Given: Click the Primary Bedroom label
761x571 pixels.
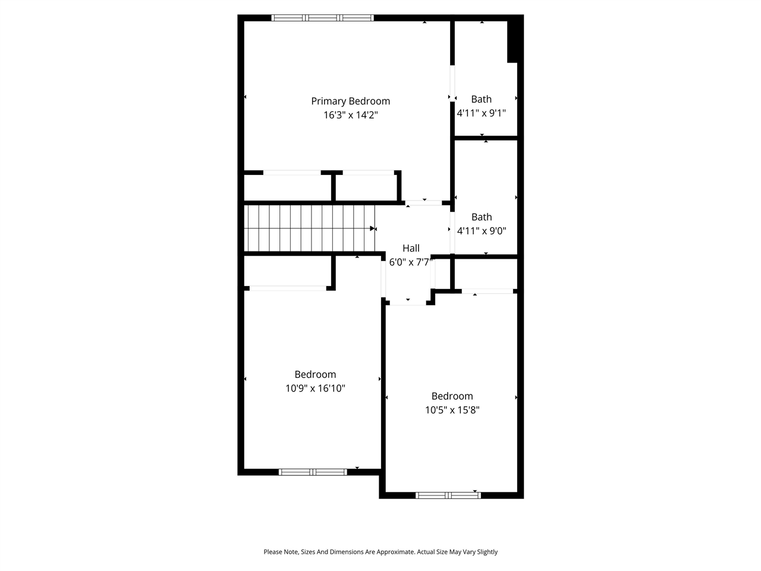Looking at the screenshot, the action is tap(350, 101).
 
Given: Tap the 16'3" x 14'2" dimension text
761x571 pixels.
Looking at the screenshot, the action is tap(350, 115).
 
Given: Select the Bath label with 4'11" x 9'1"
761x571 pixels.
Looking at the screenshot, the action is tap(481, 99).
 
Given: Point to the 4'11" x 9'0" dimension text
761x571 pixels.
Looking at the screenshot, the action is tap(482, 231).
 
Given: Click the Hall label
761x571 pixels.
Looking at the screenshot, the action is tap(411, 248).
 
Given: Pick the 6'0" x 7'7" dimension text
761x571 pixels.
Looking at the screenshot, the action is tap(411, 262).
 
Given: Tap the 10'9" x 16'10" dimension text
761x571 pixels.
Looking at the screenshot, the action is tap(315, 388).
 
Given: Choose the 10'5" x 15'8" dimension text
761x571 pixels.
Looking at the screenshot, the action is tap(452, 410).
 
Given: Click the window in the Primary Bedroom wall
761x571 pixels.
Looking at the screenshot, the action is tap(322, 18).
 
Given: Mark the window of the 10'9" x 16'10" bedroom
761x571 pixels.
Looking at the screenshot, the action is tap(313, 472).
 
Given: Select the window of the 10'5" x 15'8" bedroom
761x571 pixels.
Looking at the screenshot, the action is tap(448, 495).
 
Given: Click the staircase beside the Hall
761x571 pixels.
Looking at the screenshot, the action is tap(310, 228).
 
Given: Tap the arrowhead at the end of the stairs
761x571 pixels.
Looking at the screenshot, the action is tap(373, 228).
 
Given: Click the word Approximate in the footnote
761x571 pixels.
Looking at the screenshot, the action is tap(395, 552).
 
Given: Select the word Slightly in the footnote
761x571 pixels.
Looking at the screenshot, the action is tap(487, 552).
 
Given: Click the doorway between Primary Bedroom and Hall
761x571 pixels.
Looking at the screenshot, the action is tap(423, 203).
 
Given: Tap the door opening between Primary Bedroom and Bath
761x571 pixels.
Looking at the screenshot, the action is tap(452, 83).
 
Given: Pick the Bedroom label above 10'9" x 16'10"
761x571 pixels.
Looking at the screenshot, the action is tap(315, 375).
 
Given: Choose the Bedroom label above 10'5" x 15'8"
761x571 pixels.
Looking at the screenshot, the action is tap(452, 396).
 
